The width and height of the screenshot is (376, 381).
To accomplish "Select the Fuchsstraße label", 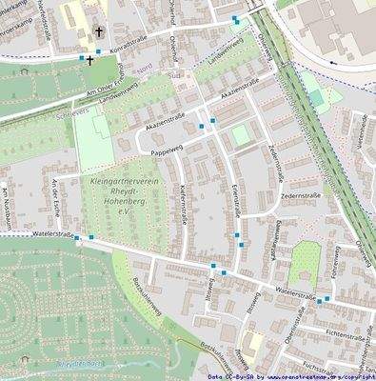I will [x=319, y=369].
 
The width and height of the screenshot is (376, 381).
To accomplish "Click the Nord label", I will [x=144, y=69].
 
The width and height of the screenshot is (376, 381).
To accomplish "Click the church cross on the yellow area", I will [x=98, y=31].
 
